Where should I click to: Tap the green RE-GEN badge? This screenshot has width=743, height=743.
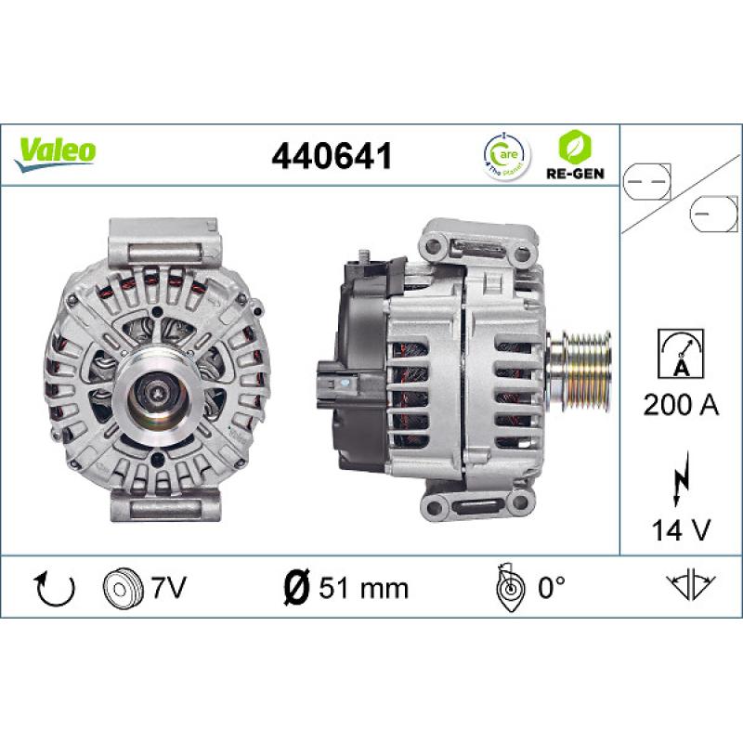pos(571,153)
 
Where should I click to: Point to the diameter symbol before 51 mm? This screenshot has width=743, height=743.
pos(295,587)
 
